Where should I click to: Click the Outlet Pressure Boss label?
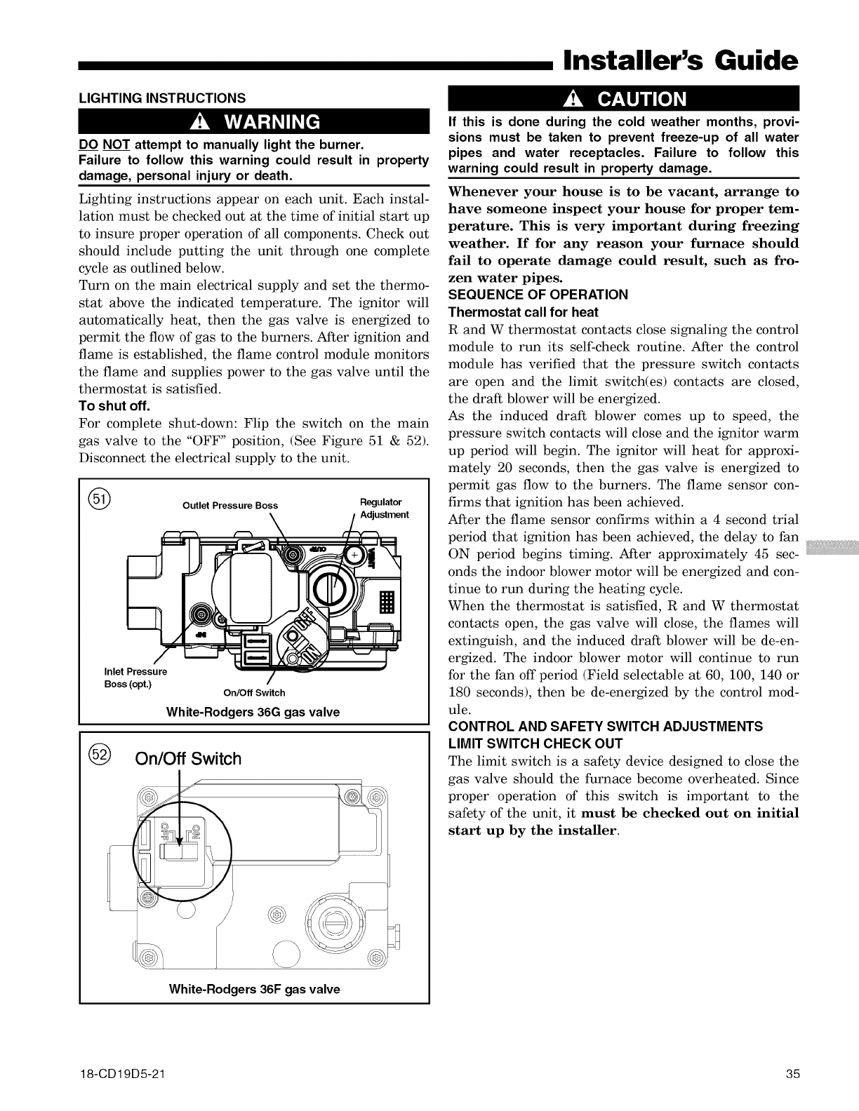[230, 505]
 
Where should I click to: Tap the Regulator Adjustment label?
[383, 509]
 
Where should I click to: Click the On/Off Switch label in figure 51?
[253, 693]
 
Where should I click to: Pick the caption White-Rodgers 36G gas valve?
[253, 712]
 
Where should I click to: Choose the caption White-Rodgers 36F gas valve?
[254, 989]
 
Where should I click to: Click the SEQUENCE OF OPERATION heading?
[538, 294]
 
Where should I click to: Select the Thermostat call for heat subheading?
[523, 311]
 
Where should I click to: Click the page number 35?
[793, 1074]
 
